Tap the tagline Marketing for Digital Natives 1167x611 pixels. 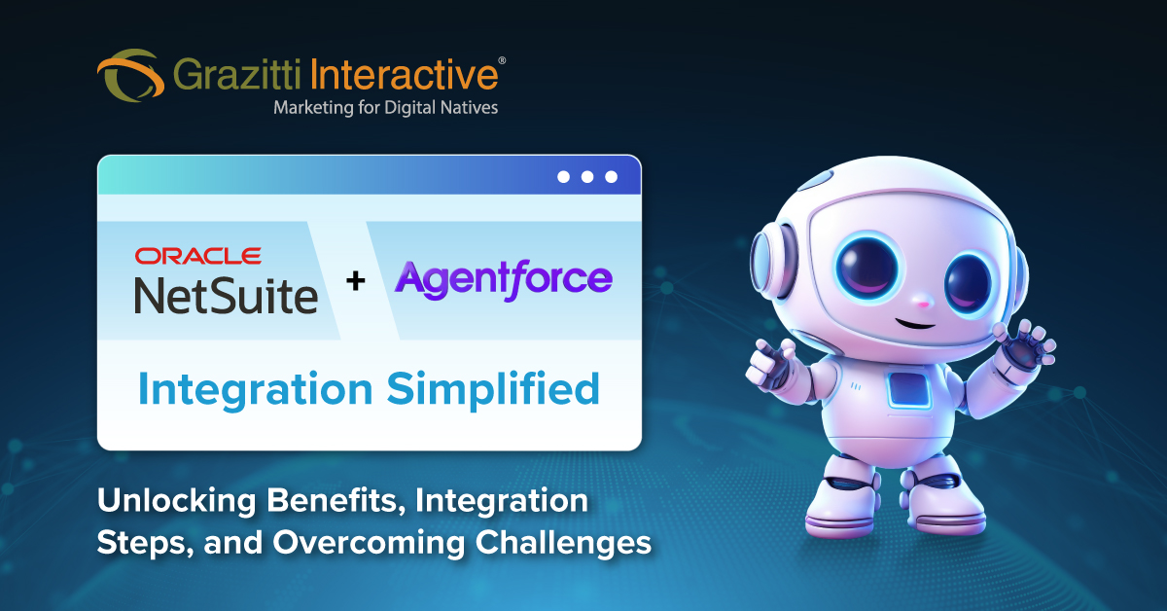tap(385, 107)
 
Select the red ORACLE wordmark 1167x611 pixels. tap(197, 256)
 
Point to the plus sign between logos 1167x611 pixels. tap(356, 281)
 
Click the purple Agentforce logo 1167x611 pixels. tap(503, 278)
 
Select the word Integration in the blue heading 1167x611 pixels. tap(255, 390)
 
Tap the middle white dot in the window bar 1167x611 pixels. tap(586, 177)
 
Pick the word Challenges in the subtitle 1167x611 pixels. tap(563, 542)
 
